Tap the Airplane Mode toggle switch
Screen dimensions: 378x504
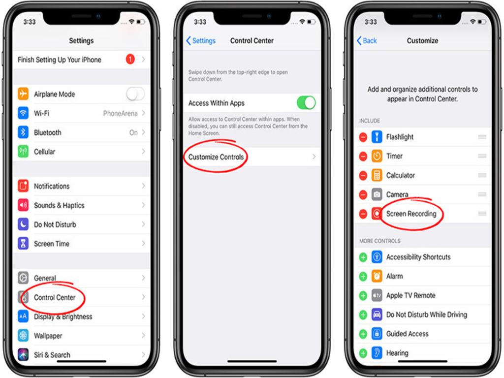coord(135,94)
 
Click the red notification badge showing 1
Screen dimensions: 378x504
coord(130,60)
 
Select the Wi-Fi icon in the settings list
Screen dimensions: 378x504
coord(23,113)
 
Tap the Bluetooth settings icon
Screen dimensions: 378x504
coord(23,132)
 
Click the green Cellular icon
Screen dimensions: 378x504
coord(23,152)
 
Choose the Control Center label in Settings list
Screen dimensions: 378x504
coord(55,297)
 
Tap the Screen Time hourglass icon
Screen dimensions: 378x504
coord(23,244)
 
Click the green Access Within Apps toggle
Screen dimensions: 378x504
coord(306,103)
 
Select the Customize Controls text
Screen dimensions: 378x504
coord(216,157)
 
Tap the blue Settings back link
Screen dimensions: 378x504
coord(201,41)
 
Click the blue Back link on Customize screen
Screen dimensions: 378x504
coord(367,41)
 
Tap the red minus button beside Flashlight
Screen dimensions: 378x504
coord(363,137)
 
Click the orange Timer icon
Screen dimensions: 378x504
coord(377,156)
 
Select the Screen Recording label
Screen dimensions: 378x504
coord(411,214)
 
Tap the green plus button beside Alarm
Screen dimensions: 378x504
coord(363,276)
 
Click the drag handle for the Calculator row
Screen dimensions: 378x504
coord(482,175)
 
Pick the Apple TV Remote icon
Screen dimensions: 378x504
coord(377,295)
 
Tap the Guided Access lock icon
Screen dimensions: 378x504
coord(377,334)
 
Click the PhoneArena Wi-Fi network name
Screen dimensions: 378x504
coord(120,113)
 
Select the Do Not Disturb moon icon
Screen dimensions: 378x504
coord(23,224)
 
